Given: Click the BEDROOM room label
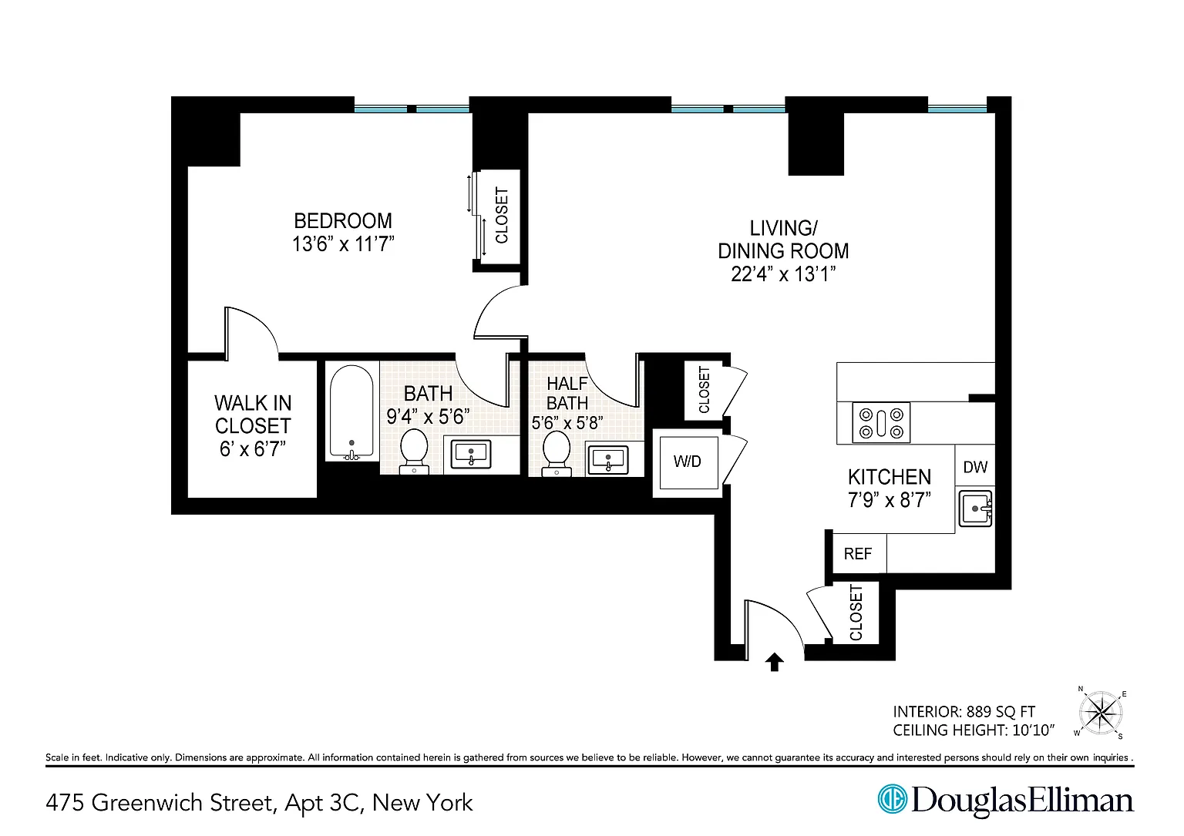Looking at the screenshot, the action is (x=343, y=221).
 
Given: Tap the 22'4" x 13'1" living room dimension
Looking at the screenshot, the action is (x=783, y=275).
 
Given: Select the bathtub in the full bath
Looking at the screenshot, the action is (x=351, y=412).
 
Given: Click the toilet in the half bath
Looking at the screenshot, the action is (x=557, y=453).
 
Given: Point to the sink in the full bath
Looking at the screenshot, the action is (x=471, y=455).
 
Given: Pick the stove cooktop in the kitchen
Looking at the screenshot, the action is (x=881, y=423).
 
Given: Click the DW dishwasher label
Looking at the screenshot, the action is (x=975, y=467).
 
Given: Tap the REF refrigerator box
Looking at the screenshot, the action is (x=858, y=553).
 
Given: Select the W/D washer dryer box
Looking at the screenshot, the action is (x=688, y=462).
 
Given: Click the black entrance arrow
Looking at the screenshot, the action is (x=775, y=662).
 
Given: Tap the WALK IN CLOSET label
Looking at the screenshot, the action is (x=253, y=426).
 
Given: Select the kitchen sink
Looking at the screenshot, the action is (x=976, y=509).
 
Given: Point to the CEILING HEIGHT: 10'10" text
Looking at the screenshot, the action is (x=974, y=730).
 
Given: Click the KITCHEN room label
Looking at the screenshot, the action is (x=890, y=477).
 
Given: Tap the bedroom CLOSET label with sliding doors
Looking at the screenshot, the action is (x=502, y=215).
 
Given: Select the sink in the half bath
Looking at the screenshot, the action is (x=608, y=460).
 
